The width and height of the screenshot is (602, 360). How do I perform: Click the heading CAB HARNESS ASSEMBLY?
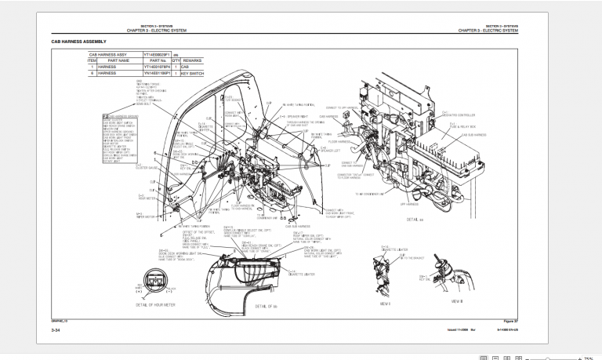tap(78, 41)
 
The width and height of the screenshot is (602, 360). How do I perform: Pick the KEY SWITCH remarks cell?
tap(192, 74)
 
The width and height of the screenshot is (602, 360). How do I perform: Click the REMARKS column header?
tap(193, 60)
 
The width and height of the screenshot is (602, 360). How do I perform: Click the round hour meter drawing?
tap(151, 286)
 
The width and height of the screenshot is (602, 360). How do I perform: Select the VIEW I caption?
tap(385, 302)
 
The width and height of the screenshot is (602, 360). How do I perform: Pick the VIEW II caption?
tap(457, 300)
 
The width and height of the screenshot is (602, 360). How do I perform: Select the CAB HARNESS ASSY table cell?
tap(114, 55)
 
